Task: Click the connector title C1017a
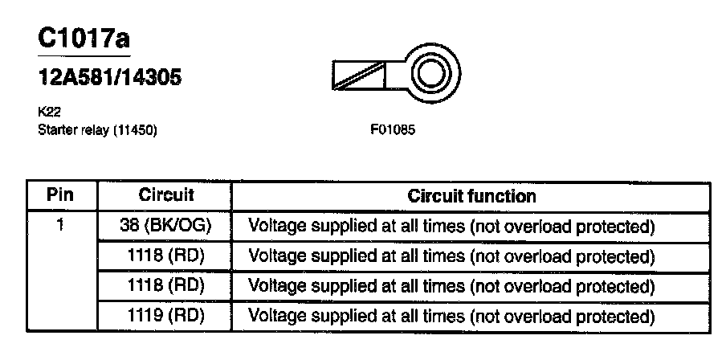[x=83, y=39]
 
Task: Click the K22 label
[x=47, y=115]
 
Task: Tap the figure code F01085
[x=392, y=129]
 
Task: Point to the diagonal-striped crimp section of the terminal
[x=358, y=76]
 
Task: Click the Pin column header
[x=61, y=195]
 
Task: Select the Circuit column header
[x=166, y=195]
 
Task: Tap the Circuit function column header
[x=471, y=195]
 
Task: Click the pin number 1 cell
[x=61, y=226]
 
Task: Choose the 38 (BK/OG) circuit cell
[x=166, y=226]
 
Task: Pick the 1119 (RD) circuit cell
[x=166, y=315]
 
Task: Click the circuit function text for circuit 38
[x=452, y=227]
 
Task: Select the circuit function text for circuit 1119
[x=452, y=315]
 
